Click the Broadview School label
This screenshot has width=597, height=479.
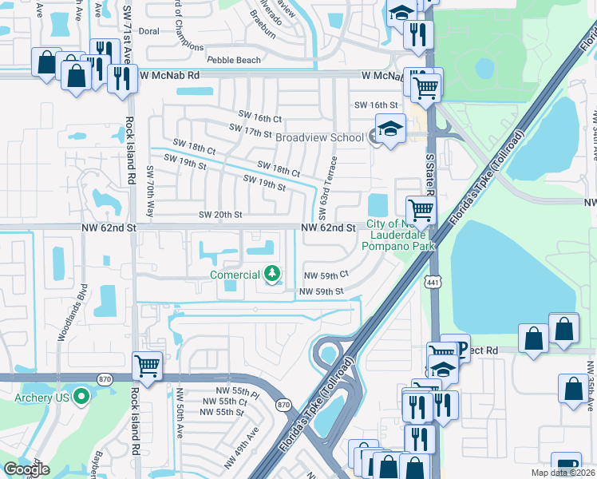point(319,137)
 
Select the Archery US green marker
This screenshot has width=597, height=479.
point(81,397)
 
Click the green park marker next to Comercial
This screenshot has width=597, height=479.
point(273,275)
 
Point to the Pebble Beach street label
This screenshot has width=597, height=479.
point(234,60)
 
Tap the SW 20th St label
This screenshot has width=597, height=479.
point(220,215)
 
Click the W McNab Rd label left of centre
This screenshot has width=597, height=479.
point(168,74)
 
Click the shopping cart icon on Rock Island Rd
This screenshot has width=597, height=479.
point(147,366)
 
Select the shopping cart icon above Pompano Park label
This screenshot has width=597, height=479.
point(421,210)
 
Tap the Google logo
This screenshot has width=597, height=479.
point(26,469)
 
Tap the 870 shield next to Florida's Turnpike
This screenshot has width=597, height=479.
point(284,406)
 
